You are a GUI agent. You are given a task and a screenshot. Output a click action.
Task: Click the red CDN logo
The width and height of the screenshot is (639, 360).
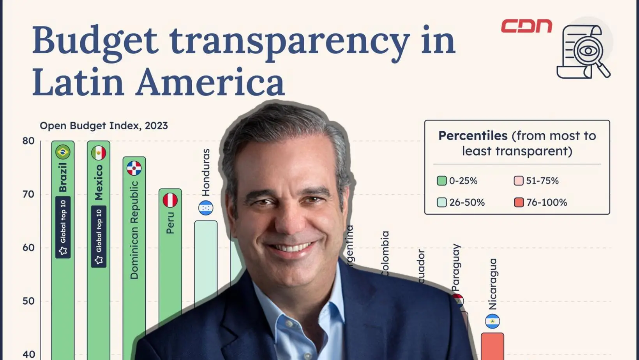pyautogui.click(x=526, y=26)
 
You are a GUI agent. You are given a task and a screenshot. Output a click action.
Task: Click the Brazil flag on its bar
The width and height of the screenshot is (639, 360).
pyautogui.click(x=63, y=152)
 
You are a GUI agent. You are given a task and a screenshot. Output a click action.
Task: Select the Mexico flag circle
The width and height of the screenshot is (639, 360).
pyautogui.click(x=99, y=153)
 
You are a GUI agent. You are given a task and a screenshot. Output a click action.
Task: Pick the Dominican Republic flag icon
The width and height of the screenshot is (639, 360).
pyautogui.click(x=134, y=168)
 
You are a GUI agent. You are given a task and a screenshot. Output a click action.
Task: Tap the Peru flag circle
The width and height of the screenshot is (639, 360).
pyautogui.click(x=170, y=200)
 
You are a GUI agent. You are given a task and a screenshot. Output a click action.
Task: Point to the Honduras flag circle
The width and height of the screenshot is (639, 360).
pyautogui.click(x=206, y=208)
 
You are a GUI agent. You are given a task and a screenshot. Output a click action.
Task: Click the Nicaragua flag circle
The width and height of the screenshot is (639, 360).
pyautogui.click(x=492, y=321)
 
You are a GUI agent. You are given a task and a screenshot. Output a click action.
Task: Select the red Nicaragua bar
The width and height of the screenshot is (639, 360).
pyautogui.click(x=492, y=346)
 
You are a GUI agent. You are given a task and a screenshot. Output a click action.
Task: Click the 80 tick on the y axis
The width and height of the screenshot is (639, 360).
pyautogui.click(x=28, y=141)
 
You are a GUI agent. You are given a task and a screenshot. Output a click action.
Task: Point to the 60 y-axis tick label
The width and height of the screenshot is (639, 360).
pyautogui.click(x=28, y=247)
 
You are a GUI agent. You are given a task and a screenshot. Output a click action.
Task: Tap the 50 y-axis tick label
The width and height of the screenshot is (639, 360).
pyautogui.click(x=28, y=301)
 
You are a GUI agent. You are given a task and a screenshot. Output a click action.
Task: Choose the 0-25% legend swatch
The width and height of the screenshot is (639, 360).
pyautogui.click(x=441, y=181)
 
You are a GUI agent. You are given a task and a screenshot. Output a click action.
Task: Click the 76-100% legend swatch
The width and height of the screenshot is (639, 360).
pyautogui.click(x=519, y=203)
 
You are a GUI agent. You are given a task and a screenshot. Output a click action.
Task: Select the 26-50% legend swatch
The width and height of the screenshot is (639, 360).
pyautogui.click(x=441, y=203)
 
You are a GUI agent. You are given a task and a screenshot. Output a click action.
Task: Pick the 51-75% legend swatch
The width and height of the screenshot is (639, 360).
pyautogui.click(x=518, y=181)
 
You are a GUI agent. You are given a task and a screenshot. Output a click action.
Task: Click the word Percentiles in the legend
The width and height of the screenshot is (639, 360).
pyautogui.click(x=473, y=136)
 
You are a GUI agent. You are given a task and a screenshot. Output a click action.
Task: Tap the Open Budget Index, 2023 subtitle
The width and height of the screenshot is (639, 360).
pyautogui.click(x=104, y=125)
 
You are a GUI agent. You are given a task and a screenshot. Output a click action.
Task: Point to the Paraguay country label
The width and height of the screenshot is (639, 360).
pyautogui.click(x=456, y=267)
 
